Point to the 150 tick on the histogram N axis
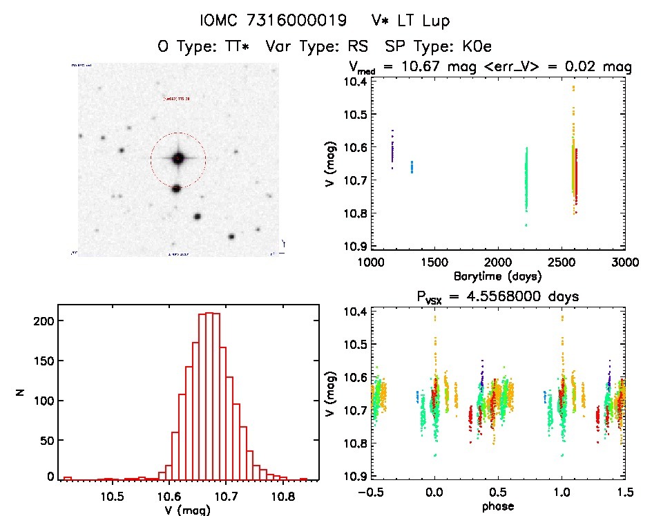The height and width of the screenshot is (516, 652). coord(44,361)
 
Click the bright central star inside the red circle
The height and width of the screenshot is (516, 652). coord(178,158)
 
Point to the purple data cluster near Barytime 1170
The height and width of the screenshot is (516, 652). coord(392,150)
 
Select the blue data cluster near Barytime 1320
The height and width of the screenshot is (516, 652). coord(412,166)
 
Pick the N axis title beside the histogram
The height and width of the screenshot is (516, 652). coord(21,393)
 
